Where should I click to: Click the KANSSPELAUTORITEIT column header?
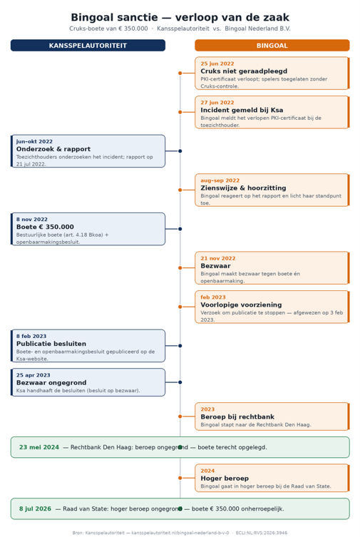pos(88,46)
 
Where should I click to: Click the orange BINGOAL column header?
pos(272,46)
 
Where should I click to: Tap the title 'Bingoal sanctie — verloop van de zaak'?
pos(180,17)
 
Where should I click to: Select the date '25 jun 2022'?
pos(217,63)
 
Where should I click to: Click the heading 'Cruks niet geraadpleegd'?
pos(244,71)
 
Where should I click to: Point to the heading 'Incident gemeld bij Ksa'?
pos(242,111)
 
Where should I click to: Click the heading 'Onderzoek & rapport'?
pos(53,149)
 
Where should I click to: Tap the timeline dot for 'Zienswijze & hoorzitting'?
pos(180,190)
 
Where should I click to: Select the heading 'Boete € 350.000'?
pos(45,227)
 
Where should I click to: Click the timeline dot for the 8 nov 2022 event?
pos(180,229)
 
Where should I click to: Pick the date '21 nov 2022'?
pos(218,259)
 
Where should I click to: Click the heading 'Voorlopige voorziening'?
pos(241,305)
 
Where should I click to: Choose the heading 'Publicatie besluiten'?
pos(51,344)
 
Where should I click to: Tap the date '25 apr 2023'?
pos(34,375)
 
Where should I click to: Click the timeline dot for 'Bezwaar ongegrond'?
pos(180,382)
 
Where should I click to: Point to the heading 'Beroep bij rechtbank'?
pos(237,416)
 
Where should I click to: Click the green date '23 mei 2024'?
pos(39,447)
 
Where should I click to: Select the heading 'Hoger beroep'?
pos(225,479)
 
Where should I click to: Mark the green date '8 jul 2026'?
pos(35,509)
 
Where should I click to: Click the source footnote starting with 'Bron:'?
pos(180,533)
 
